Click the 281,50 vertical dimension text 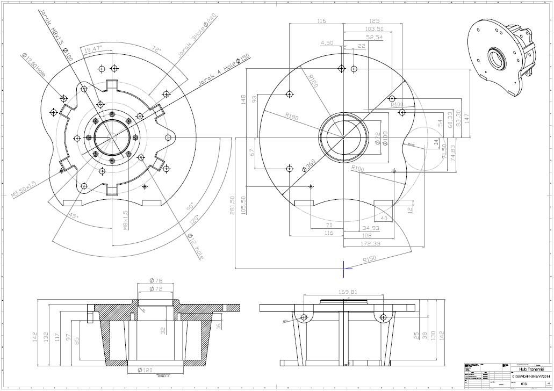click(233, 204)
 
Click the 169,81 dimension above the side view click(348, 292)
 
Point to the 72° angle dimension click(156, 49)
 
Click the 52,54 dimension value click(374, 37)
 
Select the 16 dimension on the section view click(219, 325)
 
